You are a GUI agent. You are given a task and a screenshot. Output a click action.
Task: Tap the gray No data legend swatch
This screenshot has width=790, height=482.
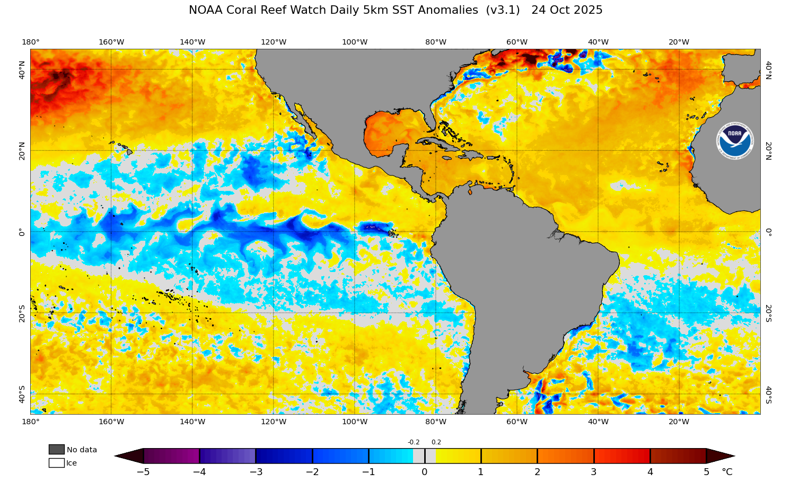(x=57, y=450)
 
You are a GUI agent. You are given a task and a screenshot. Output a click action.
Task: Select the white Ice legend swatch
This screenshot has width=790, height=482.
(x=57, y=463)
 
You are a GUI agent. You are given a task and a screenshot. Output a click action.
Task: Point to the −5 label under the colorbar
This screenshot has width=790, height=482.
(x=143, y=472)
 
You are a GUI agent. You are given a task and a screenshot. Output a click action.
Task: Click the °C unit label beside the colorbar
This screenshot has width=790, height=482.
(x=727, y=472)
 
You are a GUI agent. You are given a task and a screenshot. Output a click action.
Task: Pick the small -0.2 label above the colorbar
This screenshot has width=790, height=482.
(x=414, y=442)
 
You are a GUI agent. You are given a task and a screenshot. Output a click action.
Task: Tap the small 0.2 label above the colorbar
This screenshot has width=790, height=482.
(x=436, y=442)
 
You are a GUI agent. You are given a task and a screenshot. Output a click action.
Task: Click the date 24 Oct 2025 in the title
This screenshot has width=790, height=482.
(x=567, y=10)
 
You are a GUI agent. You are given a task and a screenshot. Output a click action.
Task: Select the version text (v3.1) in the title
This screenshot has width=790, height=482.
(x=503, y=10)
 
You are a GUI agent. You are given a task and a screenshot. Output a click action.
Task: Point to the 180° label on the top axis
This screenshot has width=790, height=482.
(x=30, y=42)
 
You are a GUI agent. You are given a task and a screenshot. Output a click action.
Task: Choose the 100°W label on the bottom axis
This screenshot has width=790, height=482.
(x=355, y=422)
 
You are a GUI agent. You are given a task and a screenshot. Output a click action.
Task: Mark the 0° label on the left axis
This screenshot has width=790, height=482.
(x=22, y=232)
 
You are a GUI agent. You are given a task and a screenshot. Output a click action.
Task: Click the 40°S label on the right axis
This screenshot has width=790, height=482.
(x=768, y=395)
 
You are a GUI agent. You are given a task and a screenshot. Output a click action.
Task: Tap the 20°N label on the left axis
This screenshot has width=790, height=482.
(x=22, y=151)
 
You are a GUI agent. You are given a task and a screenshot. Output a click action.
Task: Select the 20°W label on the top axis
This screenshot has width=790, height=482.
(x=679, y=42)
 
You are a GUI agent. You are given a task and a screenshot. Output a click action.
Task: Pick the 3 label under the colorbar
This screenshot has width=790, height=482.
(x=593, y=472)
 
